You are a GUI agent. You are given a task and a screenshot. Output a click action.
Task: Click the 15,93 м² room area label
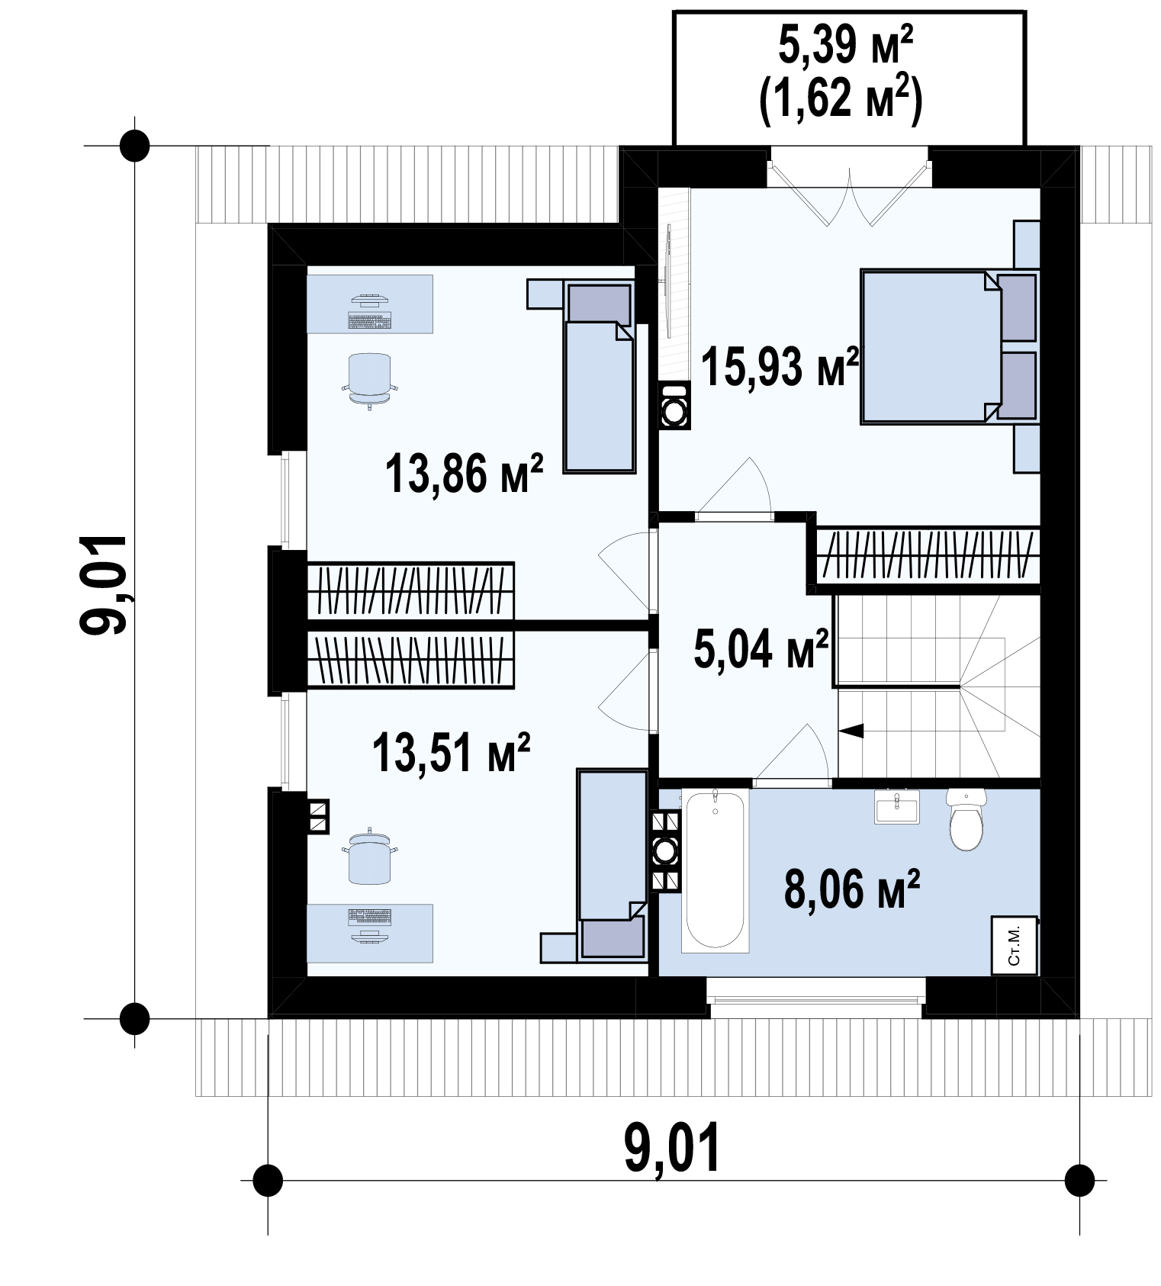pos(780,368)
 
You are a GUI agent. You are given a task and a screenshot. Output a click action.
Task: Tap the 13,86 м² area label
pos(464,473)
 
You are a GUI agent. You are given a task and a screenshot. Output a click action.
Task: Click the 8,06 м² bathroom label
pos(852,889)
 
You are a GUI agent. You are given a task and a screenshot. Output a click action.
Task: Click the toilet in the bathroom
pos(966,818)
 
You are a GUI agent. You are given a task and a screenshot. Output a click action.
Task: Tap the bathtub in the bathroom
pos(715,870)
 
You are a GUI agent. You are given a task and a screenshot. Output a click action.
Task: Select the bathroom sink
pos(897,807)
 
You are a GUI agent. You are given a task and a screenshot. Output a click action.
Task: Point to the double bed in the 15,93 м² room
pos(949,346)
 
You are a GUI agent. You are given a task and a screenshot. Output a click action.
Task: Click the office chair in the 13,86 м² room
pos(368,380)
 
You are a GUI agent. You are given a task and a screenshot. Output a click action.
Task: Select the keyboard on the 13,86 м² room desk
pos(369,320)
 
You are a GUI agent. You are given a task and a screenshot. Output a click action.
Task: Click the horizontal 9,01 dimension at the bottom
pos(672,1149)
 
